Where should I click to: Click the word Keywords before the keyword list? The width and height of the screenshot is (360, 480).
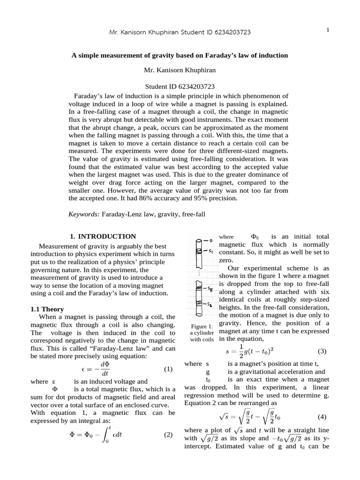coord(83,214)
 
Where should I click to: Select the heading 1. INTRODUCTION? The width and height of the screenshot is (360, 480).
coord(103,237)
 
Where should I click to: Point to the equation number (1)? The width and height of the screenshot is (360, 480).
coord(169,369)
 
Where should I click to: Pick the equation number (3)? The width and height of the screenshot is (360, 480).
coord(322,351)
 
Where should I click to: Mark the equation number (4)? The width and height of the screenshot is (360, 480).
coord(322,416)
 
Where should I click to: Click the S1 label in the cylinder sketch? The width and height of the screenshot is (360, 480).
coord(210,252)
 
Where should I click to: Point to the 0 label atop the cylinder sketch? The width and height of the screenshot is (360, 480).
coord(211,240)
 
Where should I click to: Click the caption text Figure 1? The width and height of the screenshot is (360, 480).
coord(202,326)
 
